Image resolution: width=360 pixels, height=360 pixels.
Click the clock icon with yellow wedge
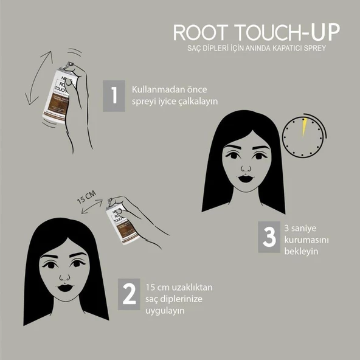pyautogui.click(x=302, y=137)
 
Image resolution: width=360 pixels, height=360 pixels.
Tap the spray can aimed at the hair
pyautogui.click(x=124, y=222)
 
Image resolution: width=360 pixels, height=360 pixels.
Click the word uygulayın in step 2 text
pyautogui.click(x=165, y=310)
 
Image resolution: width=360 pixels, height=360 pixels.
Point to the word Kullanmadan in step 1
pyautogui.click(x=154, y=89)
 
